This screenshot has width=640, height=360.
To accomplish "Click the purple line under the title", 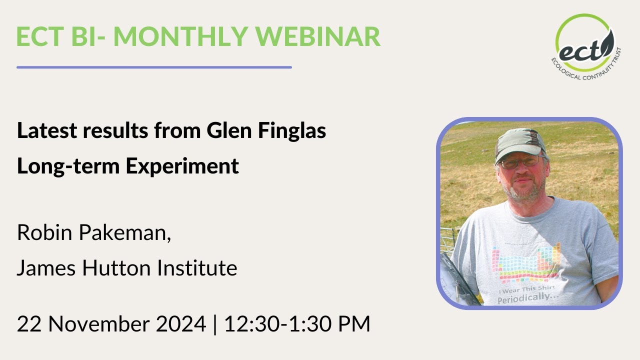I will (154, 67).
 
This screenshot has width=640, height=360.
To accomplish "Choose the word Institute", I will (197, 268).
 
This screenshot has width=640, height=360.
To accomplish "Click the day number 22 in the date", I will (29, 324).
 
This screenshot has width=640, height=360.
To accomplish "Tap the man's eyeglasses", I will (520, 162).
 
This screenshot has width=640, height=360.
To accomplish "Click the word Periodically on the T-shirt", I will (528, 298).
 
